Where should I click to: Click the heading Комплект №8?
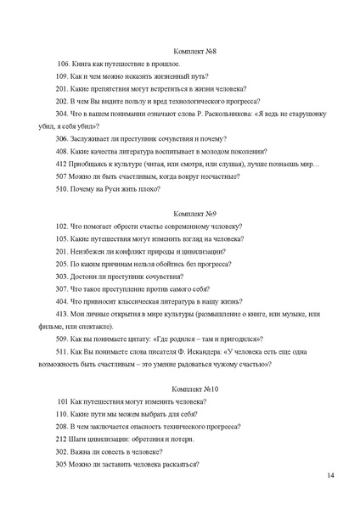194,52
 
